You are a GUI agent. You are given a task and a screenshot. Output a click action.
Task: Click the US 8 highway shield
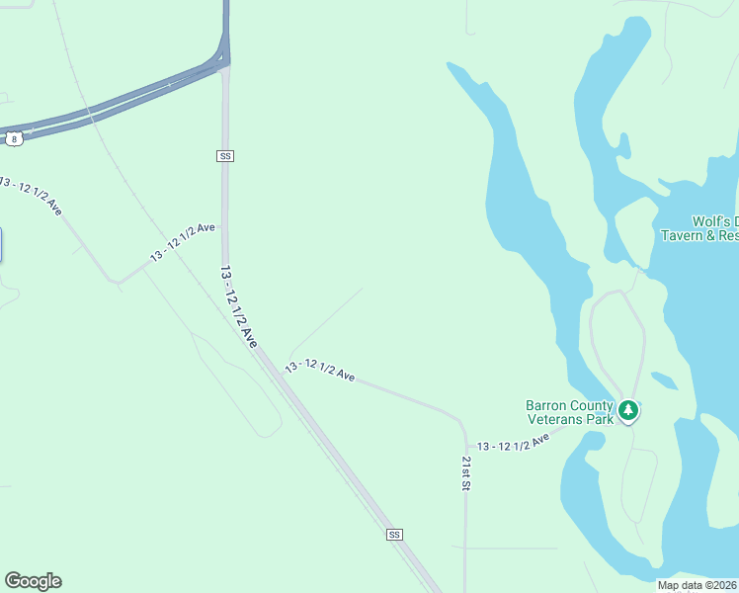click(x=13, y=139)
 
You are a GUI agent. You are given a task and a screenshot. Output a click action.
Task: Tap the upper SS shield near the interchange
click(x=225, y=156)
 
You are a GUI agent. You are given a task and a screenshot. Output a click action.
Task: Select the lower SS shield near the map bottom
click(x=394, y=535)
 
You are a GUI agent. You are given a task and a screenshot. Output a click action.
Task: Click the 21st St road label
click(x=466, y=473)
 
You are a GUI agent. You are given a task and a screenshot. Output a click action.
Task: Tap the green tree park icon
click(x=627, y=409)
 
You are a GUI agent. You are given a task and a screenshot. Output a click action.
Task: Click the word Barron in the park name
click(x=547, y=405)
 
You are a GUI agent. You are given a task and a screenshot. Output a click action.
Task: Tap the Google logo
click(x=33, y=581)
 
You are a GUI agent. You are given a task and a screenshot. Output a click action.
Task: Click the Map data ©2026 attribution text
click(x=697, y=585)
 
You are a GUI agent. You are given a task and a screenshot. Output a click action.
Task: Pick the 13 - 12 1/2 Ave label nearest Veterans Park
click(x=513, y=442)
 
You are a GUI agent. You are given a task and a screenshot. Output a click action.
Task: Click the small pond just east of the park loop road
click(x=664, y=381)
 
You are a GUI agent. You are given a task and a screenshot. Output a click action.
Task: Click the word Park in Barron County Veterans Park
click(x=599, y=419)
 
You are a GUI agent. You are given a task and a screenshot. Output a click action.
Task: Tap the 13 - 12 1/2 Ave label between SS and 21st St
click(x=319, y=371)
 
